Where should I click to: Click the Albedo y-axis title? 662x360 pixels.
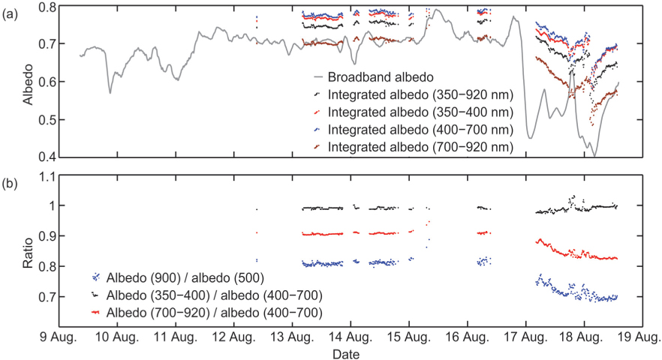coord(27,82)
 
